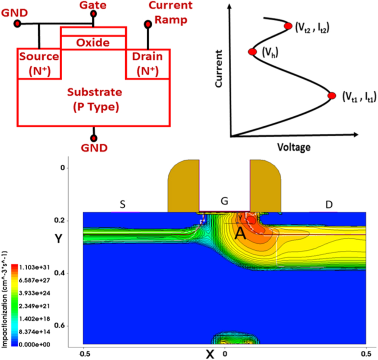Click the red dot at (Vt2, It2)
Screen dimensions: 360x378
(x=288, y=26)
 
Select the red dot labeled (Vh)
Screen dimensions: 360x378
(x=252, y=52)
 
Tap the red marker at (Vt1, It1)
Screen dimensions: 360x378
(x=332, y=96)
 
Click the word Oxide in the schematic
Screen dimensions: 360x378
(x=93, y=43)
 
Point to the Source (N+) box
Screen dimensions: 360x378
(x=39, y=64)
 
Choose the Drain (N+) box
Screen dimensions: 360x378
(x=148, y=64)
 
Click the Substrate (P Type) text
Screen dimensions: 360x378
(x=93, y=99)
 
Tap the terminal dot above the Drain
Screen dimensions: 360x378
(x=148, y=24)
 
